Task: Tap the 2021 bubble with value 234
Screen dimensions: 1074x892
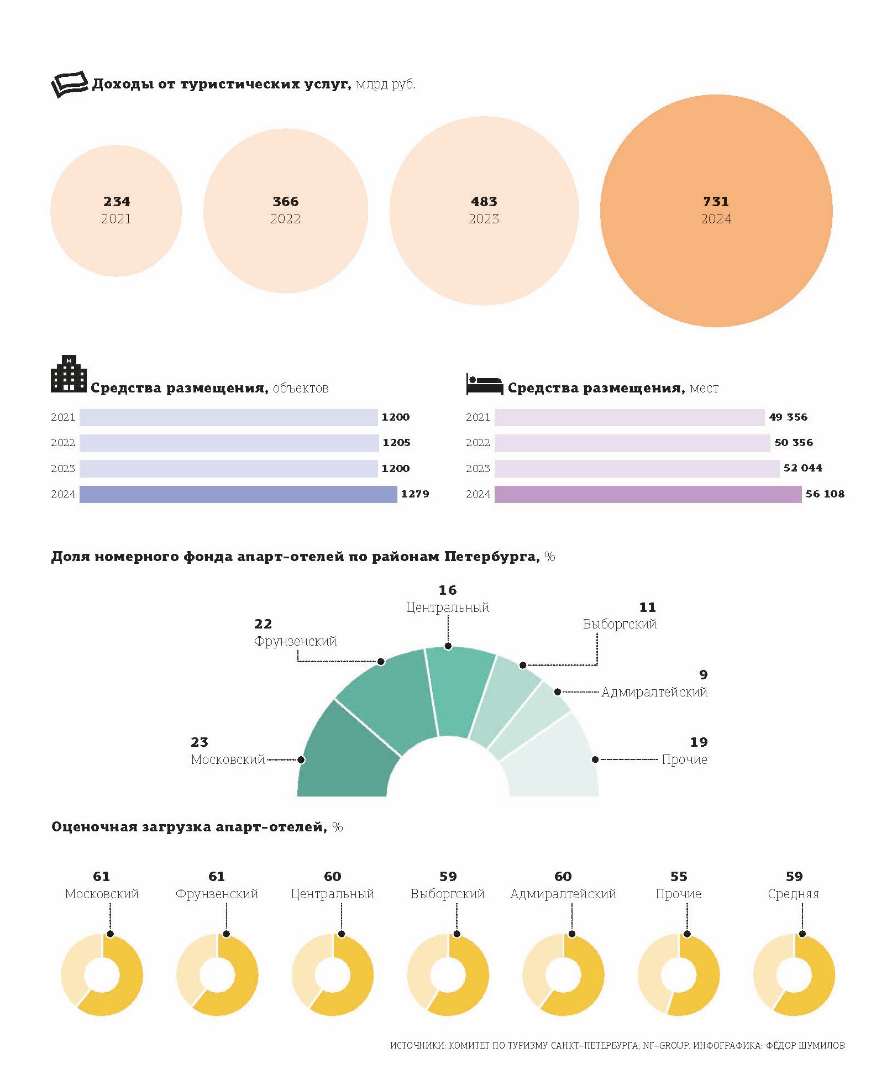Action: click(116, 243)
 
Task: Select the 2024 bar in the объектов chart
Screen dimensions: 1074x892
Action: click(238, 494)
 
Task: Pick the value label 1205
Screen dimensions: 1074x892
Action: click(396, 443)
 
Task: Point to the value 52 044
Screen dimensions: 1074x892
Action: click(802, 468)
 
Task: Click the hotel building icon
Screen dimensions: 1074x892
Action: click(69, 374)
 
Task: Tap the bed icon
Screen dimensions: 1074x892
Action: click(484, 384)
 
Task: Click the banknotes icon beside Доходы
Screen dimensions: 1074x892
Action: click(69, 83)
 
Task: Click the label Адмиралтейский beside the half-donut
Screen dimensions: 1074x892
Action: click(654, 692)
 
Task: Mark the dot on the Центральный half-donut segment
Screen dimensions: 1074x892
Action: click(448, 646)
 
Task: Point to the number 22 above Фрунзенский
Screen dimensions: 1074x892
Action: click(263, 624)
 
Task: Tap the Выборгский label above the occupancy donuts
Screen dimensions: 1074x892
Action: click(448, 894)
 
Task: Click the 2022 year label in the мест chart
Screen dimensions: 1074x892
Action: click(478, 443)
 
